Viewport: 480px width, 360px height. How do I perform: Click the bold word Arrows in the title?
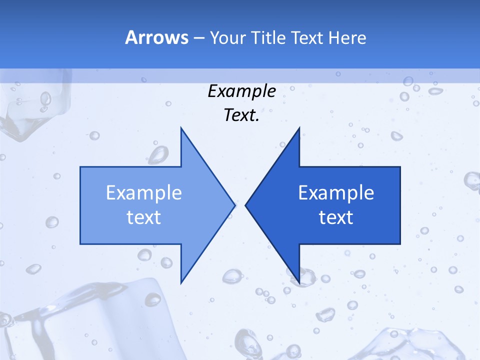click(156, 37)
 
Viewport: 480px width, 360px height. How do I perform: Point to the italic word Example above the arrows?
click(241, 91)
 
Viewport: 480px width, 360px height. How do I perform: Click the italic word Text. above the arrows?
click(241, 115)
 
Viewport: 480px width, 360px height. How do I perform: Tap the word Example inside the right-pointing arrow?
click(144, 192)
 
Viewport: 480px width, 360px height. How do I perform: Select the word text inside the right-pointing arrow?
click(144, 217)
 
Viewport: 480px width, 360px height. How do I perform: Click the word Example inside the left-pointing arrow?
click(336, 192)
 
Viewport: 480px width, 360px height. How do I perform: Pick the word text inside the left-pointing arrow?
click(336, 217)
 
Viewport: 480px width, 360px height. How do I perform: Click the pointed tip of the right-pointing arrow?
click(234, 205)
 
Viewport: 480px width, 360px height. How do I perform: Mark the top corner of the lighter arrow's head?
click(181, 128)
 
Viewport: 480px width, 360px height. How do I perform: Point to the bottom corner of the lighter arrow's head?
click(181, 282)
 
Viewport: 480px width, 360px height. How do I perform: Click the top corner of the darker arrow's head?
click(299, 128)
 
